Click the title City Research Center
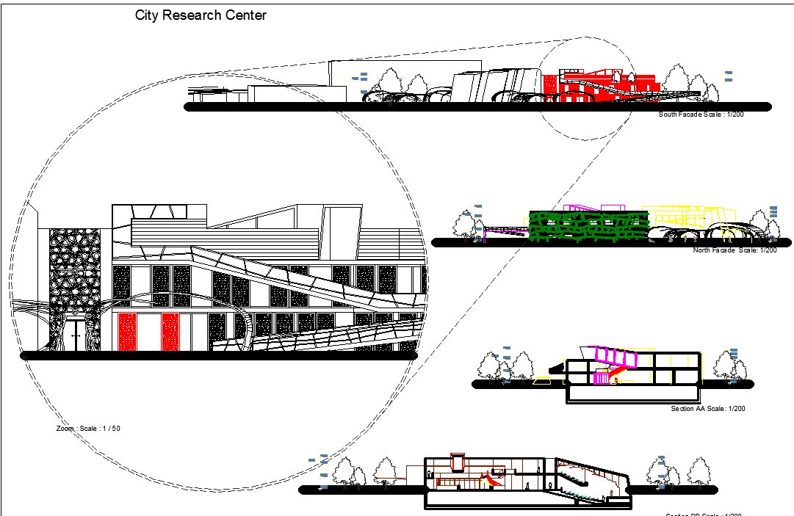pos(201,15)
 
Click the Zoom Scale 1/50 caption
pos(88,427)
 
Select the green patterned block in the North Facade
pos(588,226)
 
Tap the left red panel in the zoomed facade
pos(128,331)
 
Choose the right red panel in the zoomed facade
pos(170,331)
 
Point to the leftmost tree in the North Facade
pos(464,225)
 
